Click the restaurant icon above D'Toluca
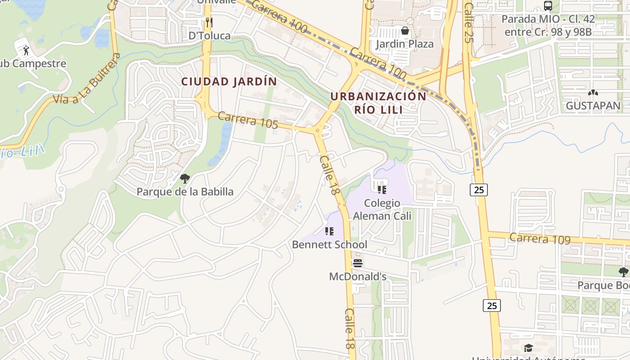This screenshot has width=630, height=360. [209, 22]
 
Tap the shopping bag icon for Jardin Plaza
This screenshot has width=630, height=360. [405, 31]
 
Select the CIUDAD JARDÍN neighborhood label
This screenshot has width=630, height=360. [229, 81]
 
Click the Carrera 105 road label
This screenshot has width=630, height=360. [247, 120]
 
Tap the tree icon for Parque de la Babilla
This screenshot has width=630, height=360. [184, 179]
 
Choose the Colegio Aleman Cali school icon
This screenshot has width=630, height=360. [382, 190]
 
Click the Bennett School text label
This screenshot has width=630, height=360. [329, 244]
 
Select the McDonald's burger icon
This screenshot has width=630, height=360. [358, 263]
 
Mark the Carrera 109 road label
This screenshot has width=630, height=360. [540, 238]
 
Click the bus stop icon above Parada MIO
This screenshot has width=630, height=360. [548, 6]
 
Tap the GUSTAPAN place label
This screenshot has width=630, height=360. [593, 106]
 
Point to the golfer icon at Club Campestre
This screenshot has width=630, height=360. [26, 49]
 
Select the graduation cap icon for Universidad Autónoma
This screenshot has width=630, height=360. [528, 348]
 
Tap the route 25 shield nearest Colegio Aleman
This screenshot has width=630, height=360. [479, 190]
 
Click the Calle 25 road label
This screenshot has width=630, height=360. [468, 22]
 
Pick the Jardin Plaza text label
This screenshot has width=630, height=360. [405, 44]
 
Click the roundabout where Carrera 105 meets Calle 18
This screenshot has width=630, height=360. [318, 131]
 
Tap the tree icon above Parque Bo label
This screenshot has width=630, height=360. [623, 272]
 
